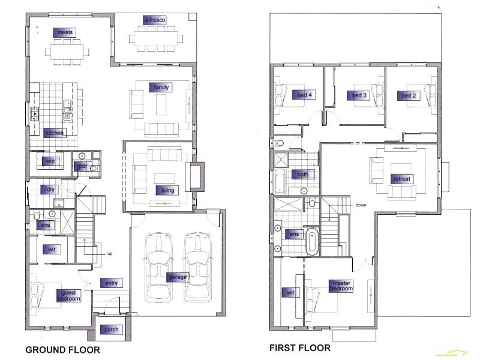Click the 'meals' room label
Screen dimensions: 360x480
pyautogui.click(x=65, y=32)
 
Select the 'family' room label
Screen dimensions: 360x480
pyautogui.click(x=161, y=87)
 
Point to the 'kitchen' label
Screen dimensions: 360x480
pyautogui.click(x=54, y=133)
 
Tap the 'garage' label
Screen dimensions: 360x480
pyautogui.click(x=178, y=277)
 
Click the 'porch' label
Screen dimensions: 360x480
pyautogui.click(x=111, y=329)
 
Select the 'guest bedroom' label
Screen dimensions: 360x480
pyautogui.click(x=69, y=295)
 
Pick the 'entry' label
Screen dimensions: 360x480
pyautogui.click(x=111, y=283)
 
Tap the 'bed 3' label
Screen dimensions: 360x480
pyautogui.click(x=358, y=95)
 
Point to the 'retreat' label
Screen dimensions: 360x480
pyautogui.click(x=401, y=179)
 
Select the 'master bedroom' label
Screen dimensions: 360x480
pyautogui.click(x=341, y=286)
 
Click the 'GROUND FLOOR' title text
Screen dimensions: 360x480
pyautogui.click(x=62, y=349)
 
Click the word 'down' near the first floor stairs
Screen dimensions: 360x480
pyautogui.click(x=361, y=205)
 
